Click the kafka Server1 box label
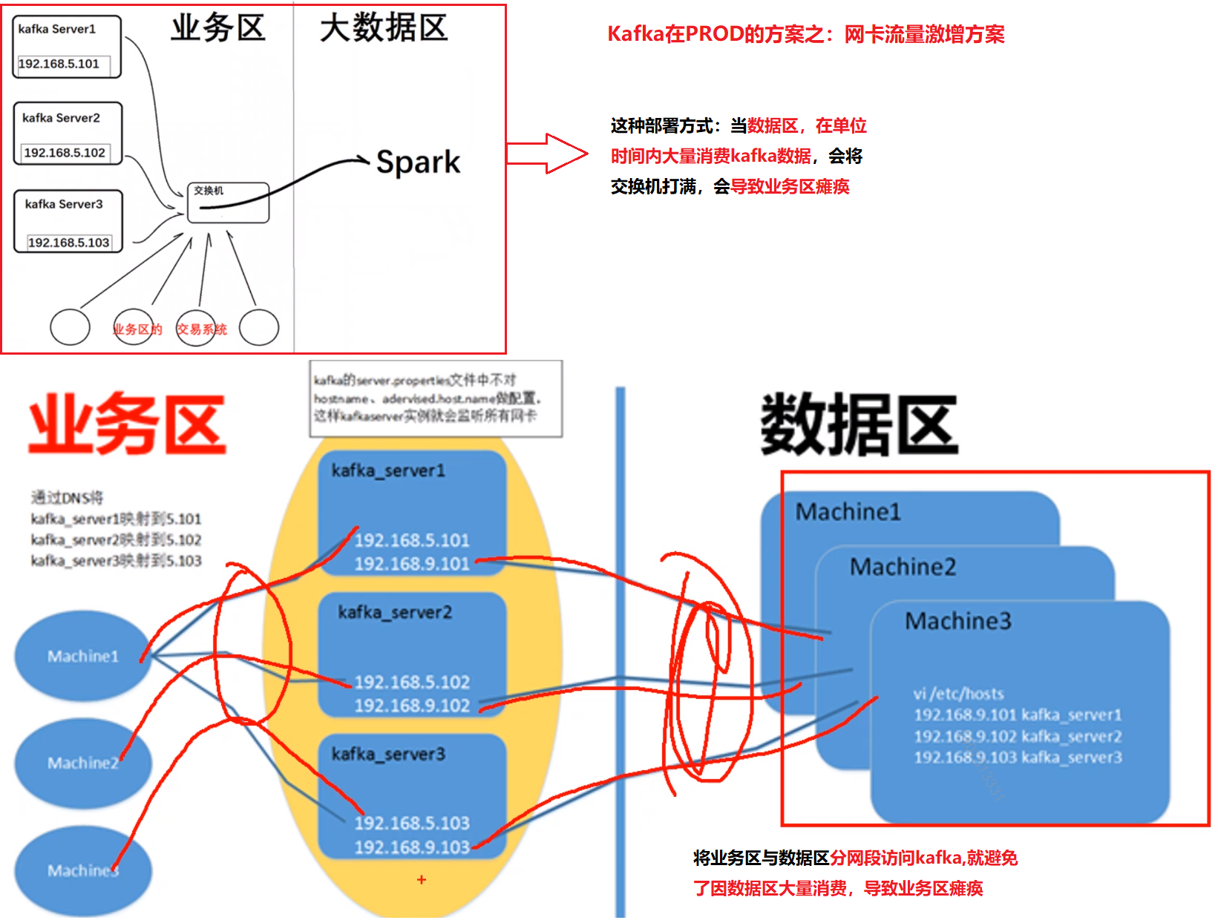click(57, 29)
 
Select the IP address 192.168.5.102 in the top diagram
click(65, 153)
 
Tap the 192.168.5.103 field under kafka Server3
click(68, 243)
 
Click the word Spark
click(418, 162)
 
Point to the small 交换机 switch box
click(228, 203)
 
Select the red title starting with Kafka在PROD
click(805, 34)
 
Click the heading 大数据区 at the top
click(384, 28)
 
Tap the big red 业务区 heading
click(127, 424)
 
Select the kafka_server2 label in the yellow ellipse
click(395, 612)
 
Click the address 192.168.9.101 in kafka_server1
click(412, 564)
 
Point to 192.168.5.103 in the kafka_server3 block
click(412, 823)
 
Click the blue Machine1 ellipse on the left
click(82, 656)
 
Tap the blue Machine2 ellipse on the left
click(82, 763)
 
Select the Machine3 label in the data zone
click(957, 621)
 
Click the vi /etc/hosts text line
click(957, 694)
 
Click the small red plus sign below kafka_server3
click(422, 880)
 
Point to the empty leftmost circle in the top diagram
click(70, 327)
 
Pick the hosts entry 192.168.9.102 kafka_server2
click(1018, 736)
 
